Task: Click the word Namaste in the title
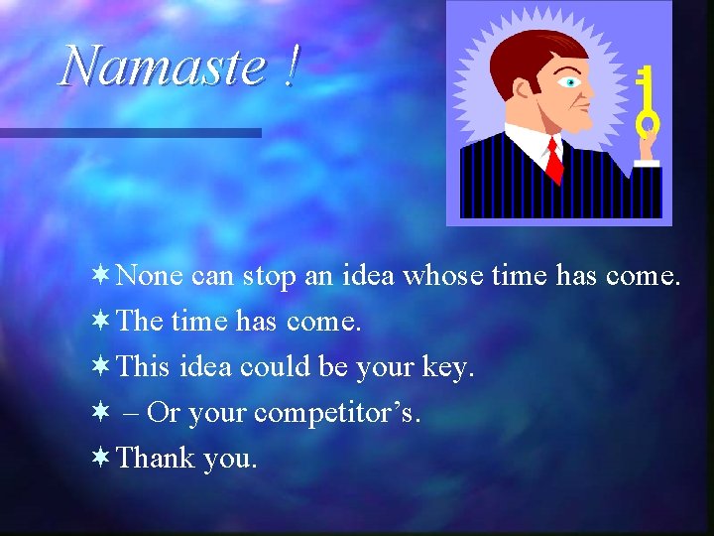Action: click(x=162, y=67)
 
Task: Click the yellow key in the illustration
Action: click(x=647, y=104)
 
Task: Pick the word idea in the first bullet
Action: click(x=368, y=277)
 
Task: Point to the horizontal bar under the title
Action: click(x=130, y=132)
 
